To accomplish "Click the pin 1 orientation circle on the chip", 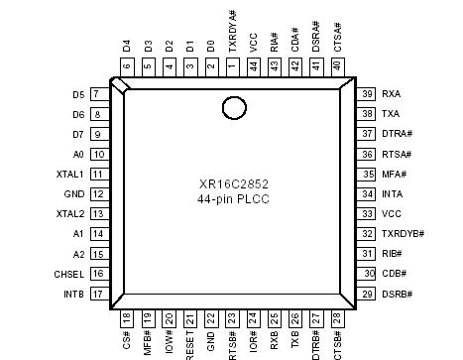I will coord(233,106).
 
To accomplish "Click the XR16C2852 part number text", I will coord(234,182).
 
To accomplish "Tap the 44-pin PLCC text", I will coord(234,199).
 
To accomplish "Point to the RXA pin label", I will coord(394,93).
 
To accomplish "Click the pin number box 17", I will coord(99,295).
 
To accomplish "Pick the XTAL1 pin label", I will coord(69,174).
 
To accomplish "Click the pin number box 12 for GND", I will coord(99,193).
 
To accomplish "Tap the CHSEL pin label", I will coord(68,274).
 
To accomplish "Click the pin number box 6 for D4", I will coord(126,66).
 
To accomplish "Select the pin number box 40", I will coord(337,66).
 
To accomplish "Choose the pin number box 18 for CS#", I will coord(126,319).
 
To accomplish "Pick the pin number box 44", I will coord(253,66).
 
